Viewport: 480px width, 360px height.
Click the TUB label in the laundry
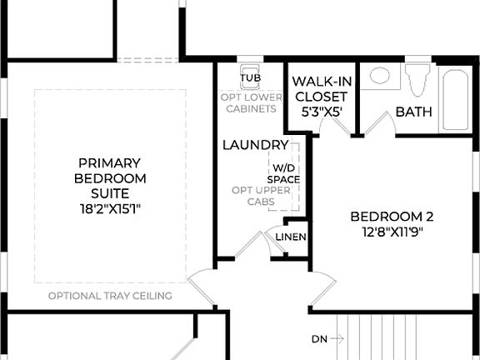(250, 79)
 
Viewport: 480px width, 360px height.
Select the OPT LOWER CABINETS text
(249, 102)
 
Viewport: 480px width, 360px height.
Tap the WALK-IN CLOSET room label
(320, 89)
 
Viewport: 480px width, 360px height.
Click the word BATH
(413, 112)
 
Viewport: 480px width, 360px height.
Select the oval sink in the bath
(380, 76)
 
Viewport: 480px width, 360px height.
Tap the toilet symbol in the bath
(417, 79)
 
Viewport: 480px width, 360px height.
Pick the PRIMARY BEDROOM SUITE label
(110, 178)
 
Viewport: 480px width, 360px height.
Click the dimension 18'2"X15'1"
(110, 208)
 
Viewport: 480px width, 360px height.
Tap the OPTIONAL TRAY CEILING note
(110, 296)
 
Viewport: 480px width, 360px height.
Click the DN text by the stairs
(318, 339)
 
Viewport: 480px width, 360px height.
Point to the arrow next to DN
(337, 339)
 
